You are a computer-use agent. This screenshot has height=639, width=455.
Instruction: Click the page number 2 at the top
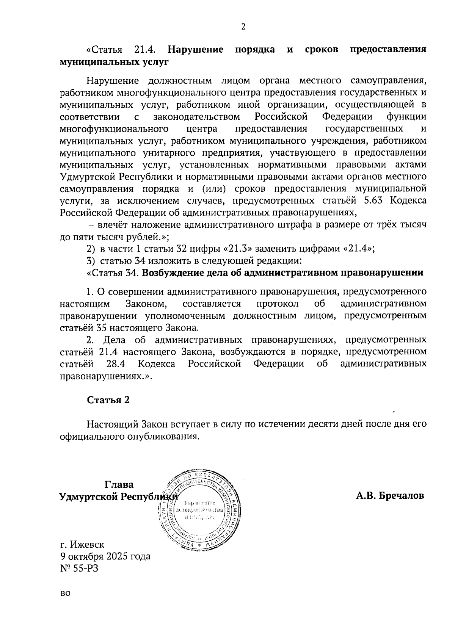(x=243, y=27)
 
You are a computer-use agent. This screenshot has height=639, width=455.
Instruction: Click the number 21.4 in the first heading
(x=145, y=50)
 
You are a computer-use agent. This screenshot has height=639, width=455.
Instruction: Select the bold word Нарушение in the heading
(x=196, y=50)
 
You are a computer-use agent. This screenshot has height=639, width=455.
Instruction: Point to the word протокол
(x=278, y=304)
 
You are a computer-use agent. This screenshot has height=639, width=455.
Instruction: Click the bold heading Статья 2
(x=108, y=400)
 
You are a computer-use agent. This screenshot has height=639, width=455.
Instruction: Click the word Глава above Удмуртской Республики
(x=119, y=485)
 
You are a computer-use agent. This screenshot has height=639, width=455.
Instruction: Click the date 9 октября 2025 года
(x=105, y=556)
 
